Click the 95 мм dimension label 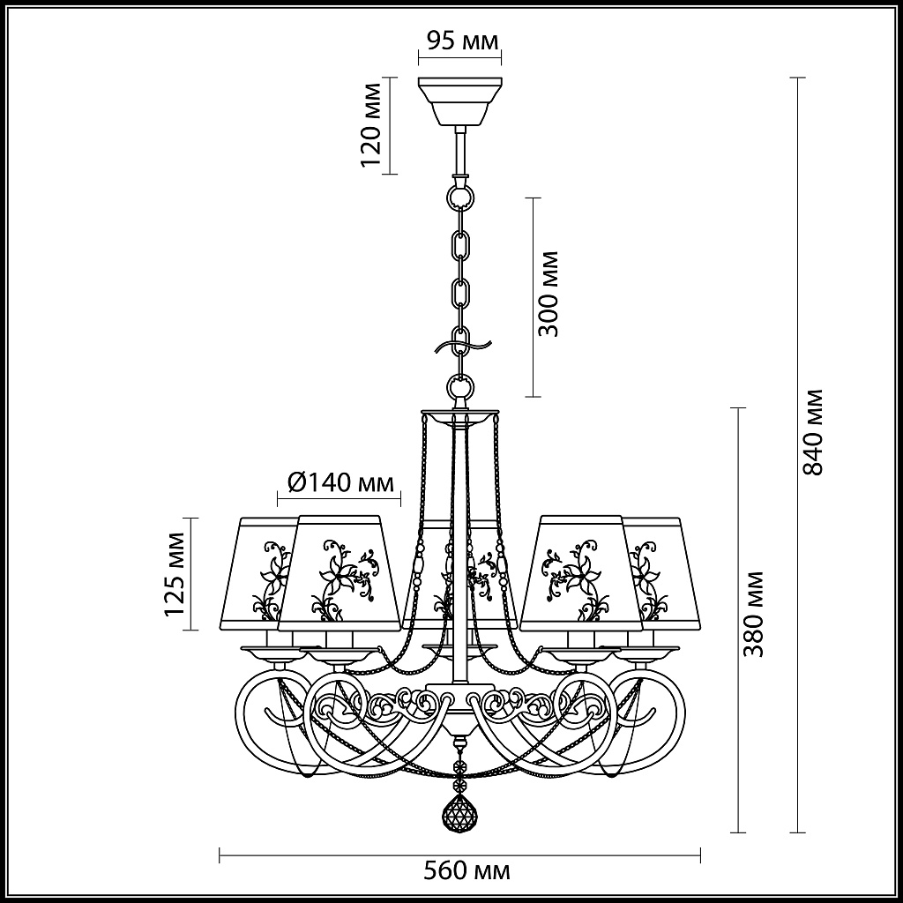[x=462, y=41]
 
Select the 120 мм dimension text [x=371, y=125]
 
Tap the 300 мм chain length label [x=548, y=294]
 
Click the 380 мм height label [x=753, y=615]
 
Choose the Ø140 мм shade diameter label [x=340, y=482]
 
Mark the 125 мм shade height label [x=175, y=574]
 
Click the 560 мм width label [x=466, y=870]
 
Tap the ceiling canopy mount [x=460, y=102]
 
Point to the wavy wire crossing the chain [x=463, y=347]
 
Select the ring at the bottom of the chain [x=460, y=385]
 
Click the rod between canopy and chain [x=460, y=152]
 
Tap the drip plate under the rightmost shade [x=647, y=653]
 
